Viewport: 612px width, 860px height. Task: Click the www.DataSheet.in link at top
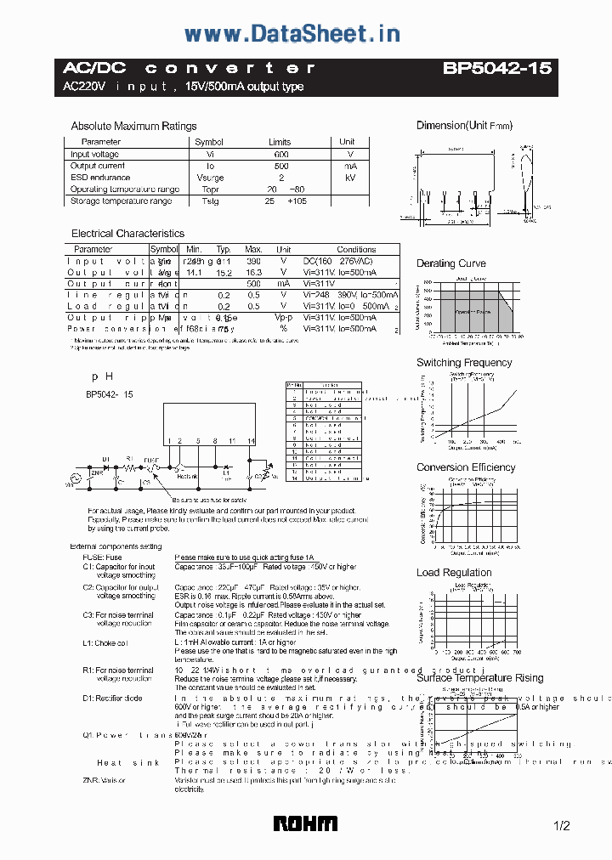tap(292, 34)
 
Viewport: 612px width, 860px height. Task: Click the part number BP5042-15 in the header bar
tap(496, 69)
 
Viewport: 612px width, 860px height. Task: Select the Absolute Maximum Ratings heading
tap(133, 126)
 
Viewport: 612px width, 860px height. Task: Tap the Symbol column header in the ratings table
tap(209, 142)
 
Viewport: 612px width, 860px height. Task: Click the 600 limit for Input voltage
tap(281, 155)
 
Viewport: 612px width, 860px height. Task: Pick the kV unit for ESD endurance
tap(349, 178)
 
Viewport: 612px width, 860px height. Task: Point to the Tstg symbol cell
tap(210, 201)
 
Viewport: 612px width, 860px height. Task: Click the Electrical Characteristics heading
tap(127, 233)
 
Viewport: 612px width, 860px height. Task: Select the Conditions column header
tap(356, 250)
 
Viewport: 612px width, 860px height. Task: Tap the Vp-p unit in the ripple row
tap(283, 317)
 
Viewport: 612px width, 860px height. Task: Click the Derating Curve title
tap(451, 263)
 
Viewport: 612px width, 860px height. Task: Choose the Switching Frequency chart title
tap(464, 363)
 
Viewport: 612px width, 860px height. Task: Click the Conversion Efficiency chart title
tap(466, 467)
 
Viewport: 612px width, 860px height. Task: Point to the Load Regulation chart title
tap(454, 573)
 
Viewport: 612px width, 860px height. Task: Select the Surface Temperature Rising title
tap(479, 677)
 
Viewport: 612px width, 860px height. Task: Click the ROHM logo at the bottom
tap(305, 823)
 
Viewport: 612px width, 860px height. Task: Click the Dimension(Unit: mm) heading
tap(464, 126)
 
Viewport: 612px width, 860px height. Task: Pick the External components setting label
tap(116, 546)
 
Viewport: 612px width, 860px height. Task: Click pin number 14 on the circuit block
tap(252, 441)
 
